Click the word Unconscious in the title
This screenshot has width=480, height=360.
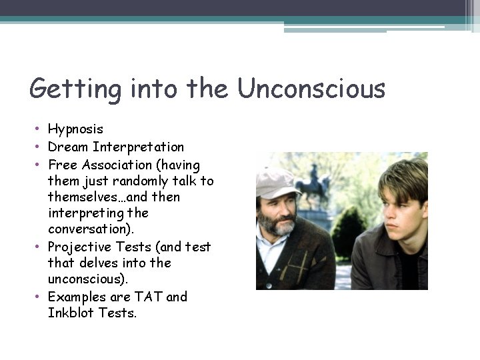tap(311, 89)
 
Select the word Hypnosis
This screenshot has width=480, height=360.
tap(75, 130)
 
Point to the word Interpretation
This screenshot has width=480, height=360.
tap(139, 147)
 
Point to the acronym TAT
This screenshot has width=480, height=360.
tap(149, 297)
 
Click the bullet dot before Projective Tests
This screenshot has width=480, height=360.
tap(39, 247)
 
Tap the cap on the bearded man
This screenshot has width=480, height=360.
tap(276, 181)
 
